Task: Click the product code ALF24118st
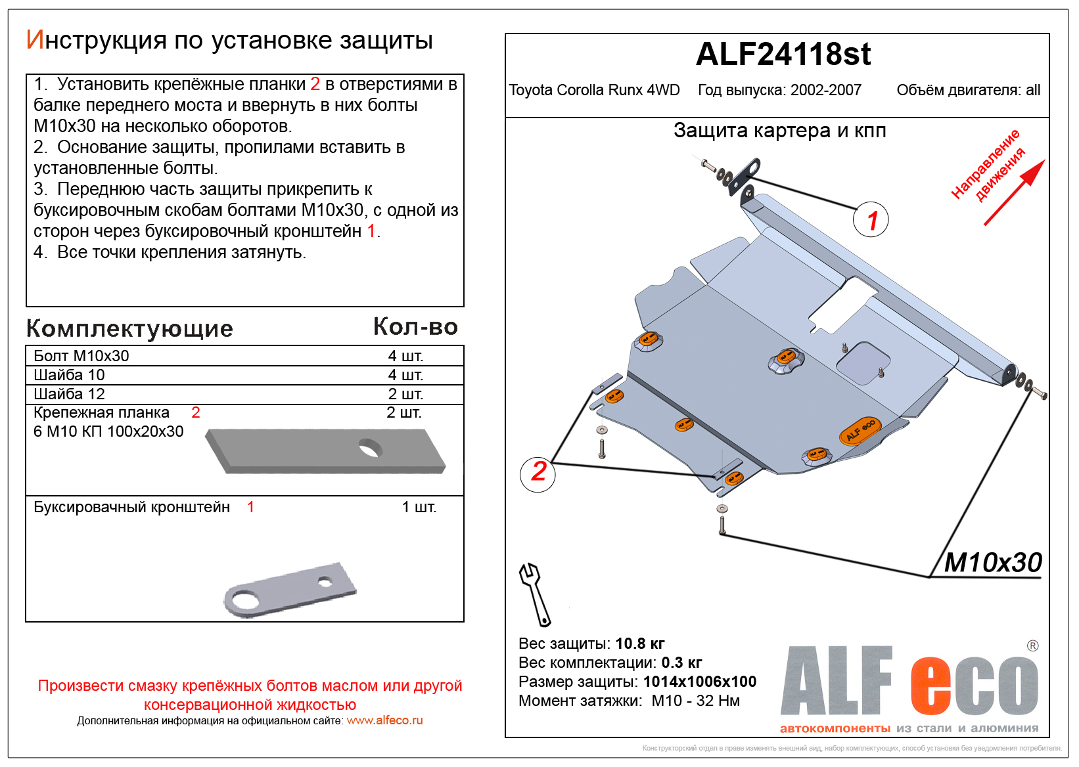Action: point(783,55)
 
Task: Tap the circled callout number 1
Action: point(871,220)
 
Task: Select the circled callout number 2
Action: point(538,471)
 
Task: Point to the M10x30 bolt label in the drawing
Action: point(992,563)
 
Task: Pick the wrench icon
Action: point(534,594)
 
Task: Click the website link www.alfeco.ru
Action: point(384,720)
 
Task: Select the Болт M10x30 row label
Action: point(81,356)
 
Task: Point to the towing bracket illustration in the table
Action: point(290,590)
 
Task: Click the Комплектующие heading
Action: point(129,328)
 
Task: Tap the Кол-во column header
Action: point(415,327)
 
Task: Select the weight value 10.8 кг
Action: point(640,644)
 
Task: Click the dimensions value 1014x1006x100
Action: point(699,682)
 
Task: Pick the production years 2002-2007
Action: point(825,91)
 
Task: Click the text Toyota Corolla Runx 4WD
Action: point(594,91)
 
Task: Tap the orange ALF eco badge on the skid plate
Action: point(860,431)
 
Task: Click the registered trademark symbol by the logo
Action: point(1032,646)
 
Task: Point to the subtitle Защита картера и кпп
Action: point(779,131)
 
